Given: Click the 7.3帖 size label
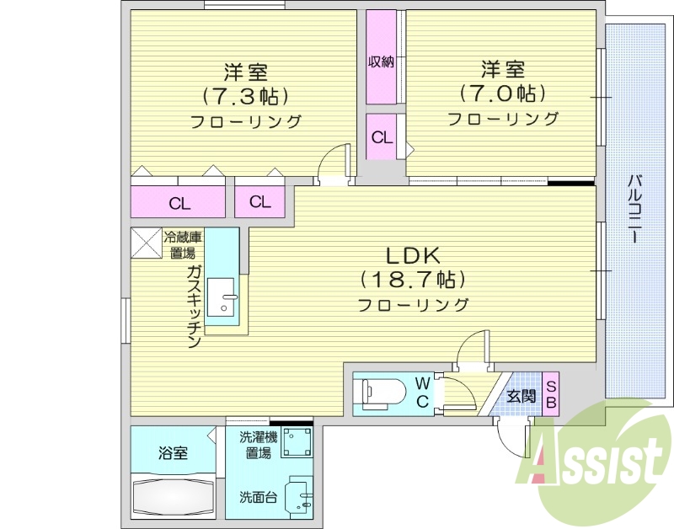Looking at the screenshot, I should (244, 94).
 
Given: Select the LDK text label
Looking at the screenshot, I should (414, 254).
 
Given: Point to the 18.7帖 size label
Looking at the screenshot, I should (414, 279).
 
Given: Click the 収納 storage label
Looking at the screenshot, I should (381, 61).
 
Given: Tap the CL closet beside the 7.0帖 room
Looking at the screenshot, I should (382, 137).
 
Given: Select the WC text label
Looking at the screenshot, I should (422, 393).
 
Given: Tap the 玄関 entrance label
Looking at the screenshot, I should (521, 395).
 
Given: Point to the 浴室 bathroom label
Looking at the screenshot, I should (174, 453).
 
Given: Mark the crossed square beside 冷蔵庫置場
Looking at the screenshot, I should (146, 244).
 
